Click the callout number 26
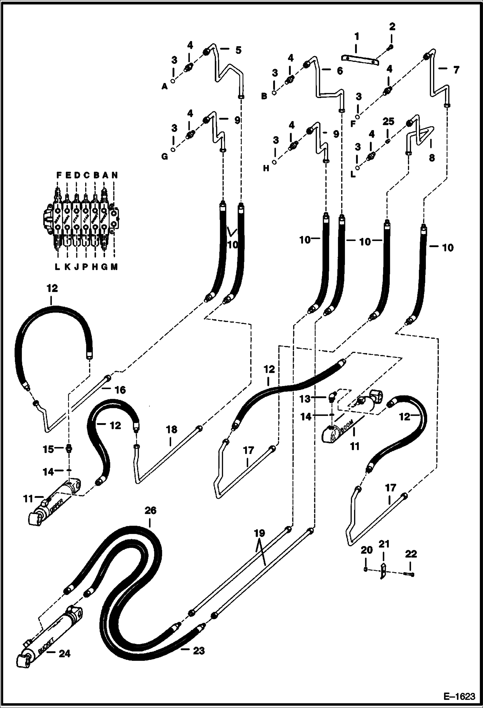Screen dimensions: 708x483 (150, 510)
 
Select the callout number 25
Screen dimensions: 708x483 (388, 122)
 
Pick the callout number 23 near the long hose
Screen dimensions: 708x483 (198, 651)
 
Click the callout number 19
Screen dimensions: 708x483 (259, 533)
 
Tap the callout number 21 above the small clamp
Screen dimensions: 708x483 (384, 544)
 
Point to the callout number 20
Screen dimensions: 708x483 (366, 550)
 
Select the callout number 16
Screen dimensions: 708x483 (120, 390)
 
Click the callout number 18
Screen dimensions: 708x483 (172, 429)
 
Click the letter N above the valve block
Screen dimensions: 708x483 (114, 175)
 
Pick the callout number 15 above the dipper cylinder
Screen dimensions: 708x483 (48, 449)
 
